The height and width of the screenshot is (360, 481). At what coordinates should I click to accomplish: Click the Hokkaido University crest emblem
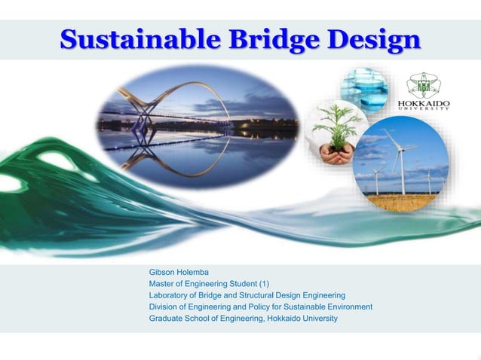[x=427, y=84]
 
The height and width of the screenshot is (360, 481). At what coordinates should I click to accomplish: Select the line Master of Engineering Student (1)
[x=209, y=283]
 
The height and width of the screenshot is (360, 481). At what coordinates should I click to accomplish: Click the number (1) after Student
[x=264, y=283]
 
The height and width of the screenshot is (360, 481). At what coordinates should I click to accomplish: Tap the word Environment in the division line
[x=349, y=307]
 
